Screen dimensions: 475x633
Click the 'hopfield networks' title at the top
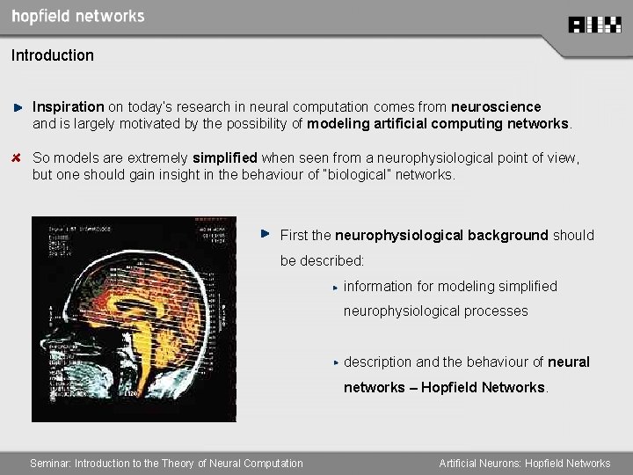click(x=78, y=16)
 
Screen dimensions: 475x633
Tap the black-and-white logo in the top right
click(x=594, y=25)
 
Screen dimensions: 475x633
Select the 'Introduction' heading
click(x=53, y=55)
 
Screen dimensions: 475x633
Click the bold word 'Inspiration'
click(x=69, y=106)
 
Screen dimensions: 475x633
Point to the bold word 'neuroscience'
click(x=496, y=106)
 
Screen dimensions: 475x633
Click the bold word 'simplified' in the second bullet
click(x=225, y=158)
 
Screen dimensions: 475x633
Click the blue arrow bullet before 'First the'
click(x=265, y=234)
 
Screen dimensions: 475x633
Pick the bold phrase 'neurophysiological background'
click(x=441, y=235)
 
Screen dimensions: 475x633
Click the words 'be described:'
click(x=322, y=260)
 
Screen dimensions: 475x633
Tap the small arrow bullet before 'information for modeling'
click(x=335, y=287)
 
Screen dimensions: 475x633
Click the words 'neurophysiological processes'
click(x=435, y=311)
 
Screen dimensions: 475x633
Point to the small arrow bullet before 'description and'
click(x=335, y=362)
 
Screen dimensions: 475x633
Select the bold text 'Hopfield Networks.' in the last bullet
click(x=484, y=387)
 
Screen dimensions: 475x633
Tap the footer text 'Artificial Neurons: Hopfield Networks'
click(x=524, y=463)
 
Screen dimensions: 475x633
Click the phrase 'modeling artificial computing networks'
click(x=438, y=123)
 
